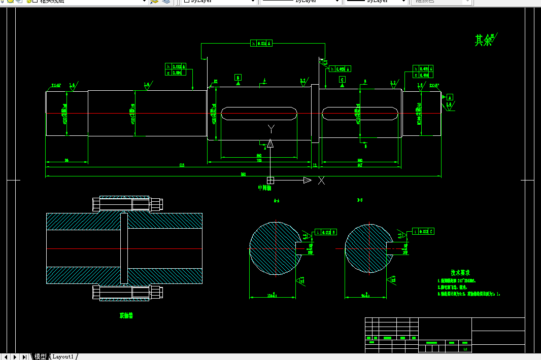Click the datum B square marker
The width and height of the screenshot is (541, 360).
pyautogui.click(x=238, y=78)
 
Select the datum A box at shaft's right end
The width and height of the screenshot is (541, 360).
pyautogui.click(x=450, y=97)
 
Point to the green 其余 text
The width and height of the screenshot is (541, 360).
pyautogui.click(x=484, y=41)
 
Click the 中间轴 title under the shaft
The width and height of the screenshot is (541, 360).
pyautogui.click(x=265, y=188)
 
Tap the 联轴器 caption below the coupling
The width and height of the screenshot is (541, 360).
pyautogui.click(x=126, y=316)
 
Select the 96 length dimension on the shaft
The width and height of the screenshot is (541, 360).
pyautogui.click(x=66, y=161)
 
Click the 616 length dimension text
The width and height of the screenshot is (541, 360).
pyautogui.click(x=182, y=165)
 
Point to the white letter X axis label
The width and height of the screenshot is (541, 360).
pyautogui.click(x=321, y=180)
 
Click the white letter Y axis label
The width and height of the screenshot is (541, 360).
pyautogui.click(x=271, y=128)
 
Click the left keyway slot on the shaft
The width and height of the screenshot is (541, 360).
pyautogui.click(x=259, y=114)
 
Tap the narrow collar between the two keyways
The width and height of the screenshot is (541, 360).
pyautogui.click(x=315, y=114)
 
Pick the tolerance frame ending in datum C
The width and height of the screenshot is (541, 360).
pyautogui.click(x=424, y=232)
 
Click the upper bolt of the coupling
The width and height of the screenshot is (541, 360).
pyautogui.click(x=127, y=204)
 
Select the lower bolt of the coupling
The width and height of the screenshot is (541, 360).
pyautogui.click(x=127, y=293)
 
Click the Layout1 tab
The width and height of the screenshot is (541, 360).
pyautogui.click(x=63, y=356)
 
